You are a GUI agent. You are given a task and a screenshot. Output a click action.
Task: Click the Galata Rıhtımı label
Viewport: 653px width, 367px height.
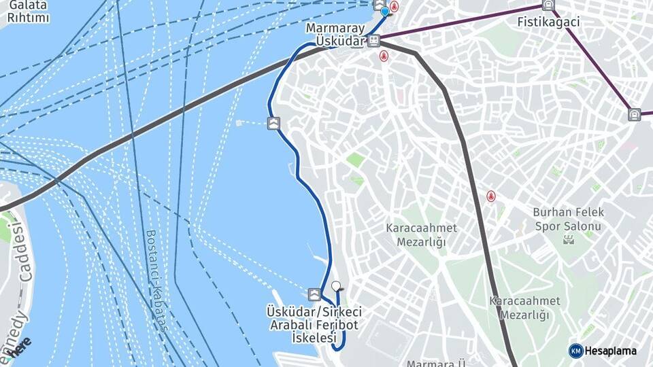[x=29, y=12]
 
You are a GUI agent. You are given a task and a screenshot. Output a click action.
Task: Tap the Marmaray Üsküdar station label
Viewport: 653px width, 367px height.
[x=335, y=35]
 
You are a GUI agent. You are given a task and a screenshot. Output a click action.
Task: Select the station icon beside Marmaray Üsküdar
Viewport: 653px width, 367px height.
[x=373, y=41]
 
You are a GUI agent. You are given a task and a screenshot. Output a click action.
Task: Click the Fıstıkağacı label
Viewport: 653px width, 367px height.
[x=548, y=22]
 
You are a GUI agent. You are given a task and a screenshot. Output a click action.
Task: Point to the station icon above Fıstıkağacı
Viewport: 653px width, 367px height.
[x=548, y=5]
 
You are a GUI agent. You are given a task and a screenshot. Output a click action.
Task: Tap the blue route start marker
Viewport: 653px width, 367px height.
[x=385, y=12]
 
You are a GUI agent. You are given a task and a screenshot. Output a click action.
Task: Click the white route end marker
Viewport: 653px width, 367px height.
[x=335, y=286]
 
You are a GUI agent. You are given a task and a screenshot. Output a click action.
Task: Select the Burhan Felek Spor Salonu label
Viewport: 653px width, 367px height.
[x=568, y=218]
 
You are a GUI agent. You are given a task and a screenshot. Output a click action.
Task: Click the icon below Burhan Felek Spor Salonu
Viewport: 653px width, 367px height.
[x=569, y=239]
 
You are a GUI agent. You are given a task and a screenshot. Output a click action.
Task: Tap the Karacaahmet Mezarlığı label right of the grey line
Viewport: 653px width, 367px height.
[x=524, y=307]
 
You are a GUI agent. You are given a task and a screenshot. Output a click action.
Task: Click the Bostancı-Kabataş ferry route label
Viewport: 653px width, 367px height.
[x=156, y=280]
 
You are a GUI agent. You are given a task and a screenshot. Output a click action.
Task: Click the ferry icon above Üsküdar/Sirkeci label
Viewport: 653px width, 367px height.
[x=314, y=294]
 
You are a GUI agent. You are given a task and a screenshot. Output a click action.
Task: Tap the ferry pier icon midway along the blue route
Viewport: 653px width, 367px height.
[x=273, y=123]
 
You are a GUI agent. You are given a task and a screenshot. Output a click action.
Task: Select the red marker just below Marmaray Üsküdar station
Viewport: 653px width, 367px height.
[x=384, y=56]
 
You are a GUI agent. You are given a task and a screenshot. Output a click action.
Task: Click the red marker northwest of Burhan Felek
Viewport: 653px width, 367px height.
[x=490, y=196]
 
